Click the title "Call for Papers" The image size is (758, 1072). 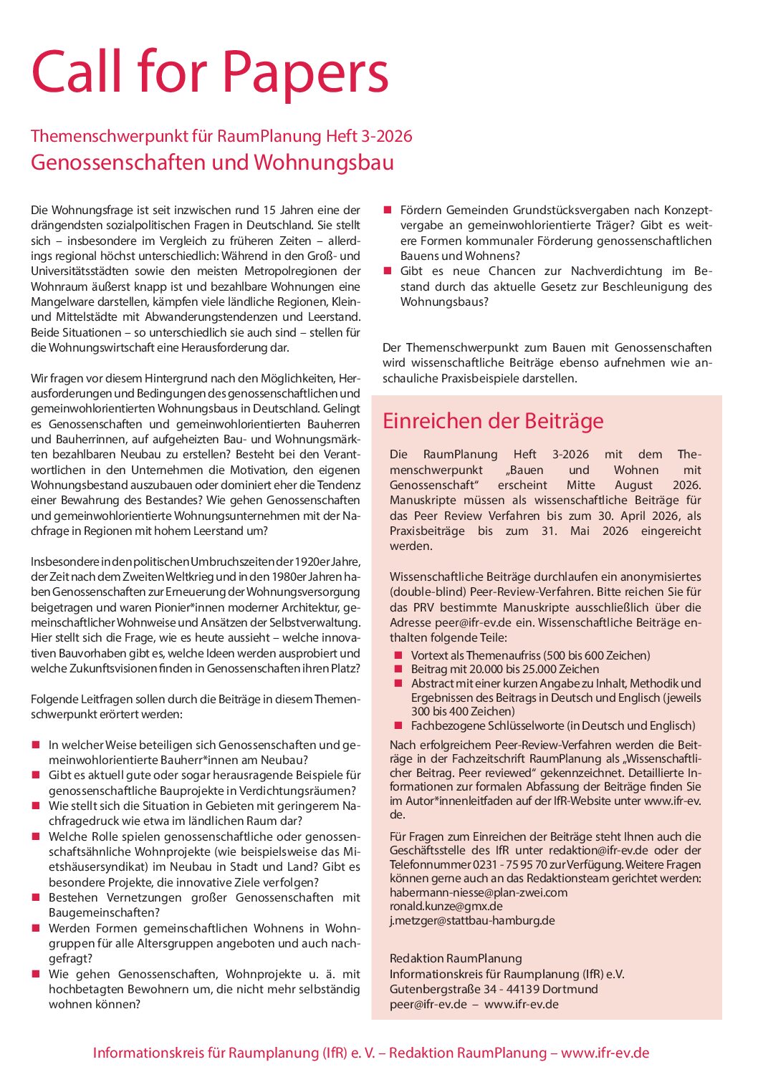(209, 73)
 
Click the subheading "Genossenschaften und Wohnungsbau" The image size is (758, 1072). (212, 163)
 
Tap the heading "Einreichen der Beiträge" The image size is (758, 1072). (493, 421)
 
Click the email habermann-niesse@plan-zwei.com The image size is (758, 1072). (478, 892)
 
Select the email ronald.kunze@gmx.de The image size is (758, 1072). (446, 907)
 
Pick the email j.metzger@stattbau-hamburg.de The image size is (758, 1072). (472, 920)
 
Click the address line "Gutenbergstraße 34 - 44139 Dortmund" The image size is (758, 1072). (494, 989)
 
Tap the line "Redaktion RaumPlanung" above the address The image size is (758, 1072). (456, 958)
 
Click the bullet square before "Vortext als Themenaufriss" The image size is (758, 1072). (398, 655)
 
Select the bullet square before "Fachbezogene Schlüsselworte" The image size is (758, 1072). (398, 725)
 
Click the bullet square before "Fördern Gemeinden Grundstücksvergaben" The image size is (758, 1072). (388, 210)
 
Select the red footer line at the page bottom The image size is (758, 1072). (371, 1053)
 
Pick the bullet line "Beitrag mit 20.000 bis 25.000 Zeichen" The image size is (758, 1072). (504, 669)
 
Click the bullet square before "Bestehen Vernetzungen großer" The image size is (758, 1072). (36, 897)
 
